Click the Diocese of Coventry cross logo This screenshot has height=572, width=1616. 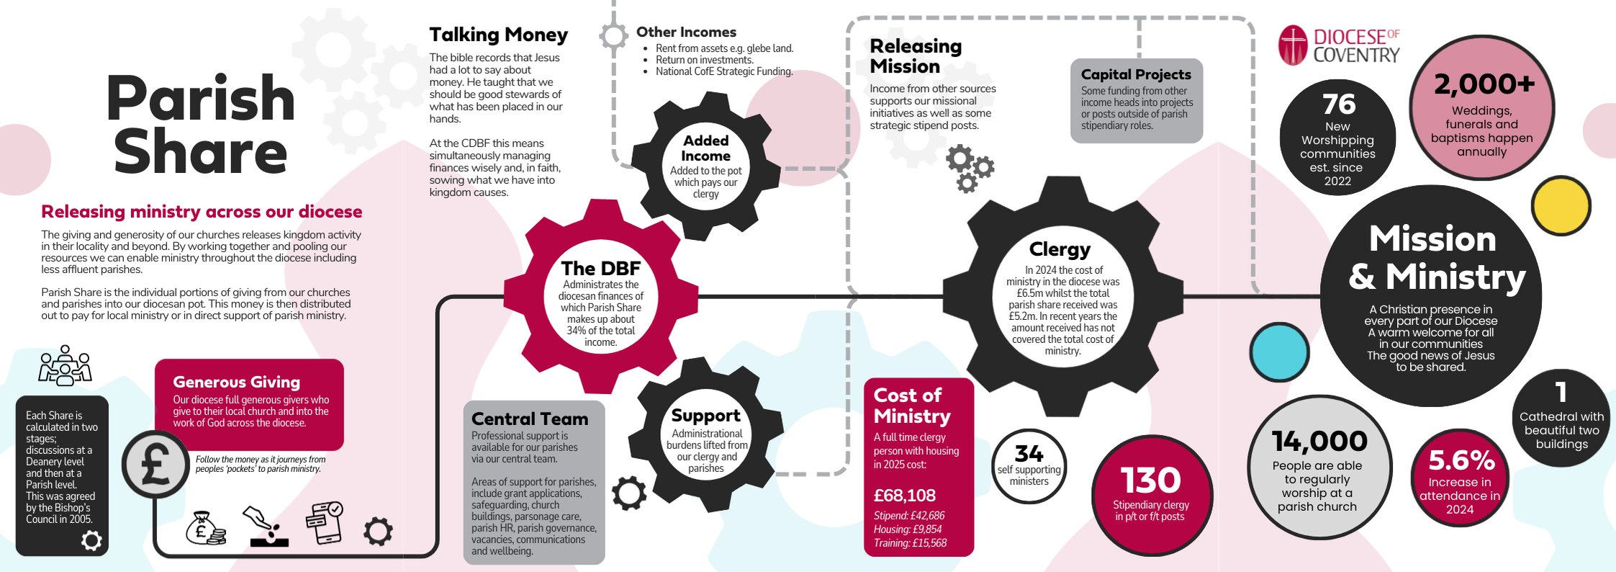1293,45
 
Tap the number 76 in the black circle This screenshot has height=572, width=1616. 1338,104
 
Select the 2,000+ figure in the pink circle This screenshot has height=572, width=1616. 1484,85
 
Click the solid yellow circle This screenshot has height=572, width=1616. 1561,205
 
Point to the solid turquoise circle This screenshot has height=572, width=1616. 1279,352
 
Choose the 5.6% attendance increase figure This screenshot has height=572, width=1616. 1461,460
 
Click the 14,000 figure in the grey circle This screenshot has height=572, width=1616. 1319,441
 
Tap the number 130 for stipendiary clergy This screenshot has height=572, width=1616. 1150,481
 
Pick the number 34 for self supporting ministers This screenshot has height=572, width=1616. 1029,453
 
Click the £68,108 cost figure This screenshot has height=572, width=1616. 904,496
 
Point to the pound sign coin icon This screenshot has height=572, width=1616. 155,464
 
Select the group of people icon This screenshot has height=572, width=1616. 65,365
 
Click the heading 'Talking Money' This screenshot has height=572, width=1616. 498,35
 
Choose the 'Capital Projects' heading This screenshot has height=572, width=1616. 1135,74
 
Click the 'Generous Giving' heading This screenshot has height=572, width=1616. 236,382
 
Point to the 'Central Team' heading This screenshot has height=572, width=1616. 529,419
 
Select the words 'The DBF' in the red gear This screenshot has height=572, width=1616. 600,268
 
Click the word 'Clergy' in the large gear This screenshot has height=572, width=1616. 1060,249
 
